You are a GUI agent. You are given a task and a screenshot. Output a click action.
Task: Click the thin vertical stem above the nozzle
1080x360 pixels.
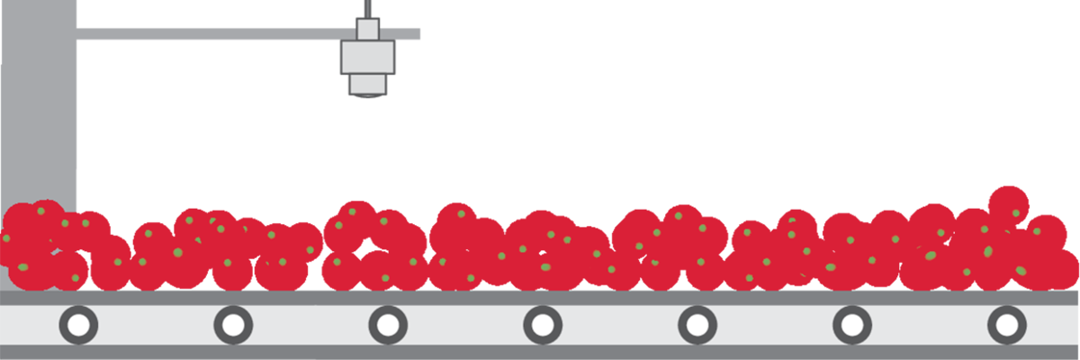[367, 8]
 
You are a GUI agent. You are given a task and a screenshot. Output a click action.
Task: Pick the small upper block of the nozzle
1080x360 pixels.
[367, 29]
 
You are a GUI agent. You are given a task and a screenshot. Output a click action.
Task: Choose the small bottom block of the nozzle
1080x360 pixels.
[367, 83]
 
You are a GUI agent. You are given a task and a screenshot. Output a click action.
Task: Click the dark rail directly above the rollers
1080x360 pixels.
[540, 298]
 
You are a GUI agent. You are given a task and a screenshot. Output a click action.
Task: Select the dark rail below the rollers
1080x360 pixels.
[540, 352]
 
